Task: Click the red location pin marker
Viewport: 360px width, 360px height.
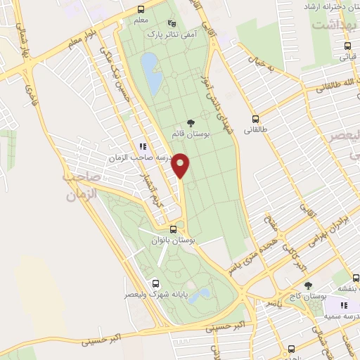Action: (181, 165)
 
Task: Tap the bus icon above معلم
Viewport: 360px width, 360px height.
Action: (141, 9)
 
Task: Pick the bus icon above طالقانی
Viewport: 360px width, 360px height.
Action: (255, 119)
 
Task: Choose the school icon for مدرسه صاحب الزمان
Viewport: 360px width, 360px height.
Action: (143, 147)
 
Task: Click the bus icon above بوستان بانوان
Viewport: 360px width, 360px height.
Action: (174, 229)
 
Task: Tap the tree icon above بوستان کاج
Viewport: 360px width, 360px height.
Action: (308, 286)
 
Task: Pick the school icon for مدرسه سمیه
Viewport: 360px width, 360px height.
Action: (345, 306)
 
